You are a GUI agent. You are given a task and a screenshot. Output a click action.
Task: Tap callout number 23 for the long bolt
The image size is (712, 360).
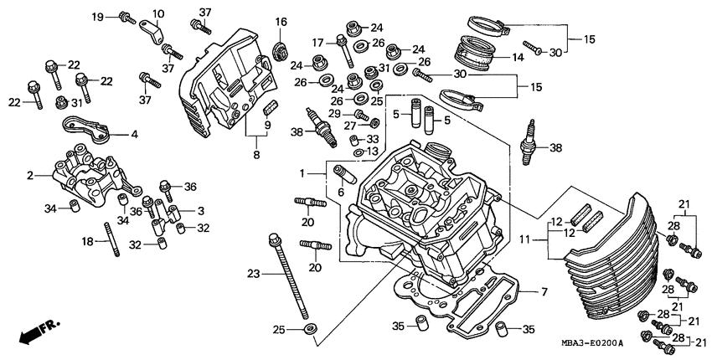(x=254, y=273)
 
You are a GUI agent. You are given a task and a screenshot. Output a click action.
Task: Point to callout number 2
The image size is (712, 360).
(x=29, y=176)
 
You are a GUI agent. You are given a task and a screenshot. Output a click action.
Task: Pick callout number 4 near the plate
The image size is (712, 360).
(x=133, y=133)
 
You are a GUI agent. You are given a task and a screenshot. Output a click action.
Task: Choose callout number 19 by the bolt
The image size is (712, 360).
(x=97, y=17)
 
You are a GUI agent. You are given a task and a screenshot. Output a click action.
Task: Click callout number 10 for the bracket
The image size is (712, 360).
(x=158, y=14)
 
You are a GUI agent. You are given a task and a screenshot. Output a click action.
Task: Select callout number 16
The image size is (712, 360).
(x=281, y=22)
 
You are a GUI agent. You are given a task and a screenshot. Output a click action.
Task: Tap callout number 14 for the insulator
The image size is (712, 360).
(x=518, y=58)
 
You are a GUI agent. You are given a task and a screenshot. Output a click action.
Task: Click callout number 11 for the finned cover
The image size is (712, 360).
(x=524, y=240)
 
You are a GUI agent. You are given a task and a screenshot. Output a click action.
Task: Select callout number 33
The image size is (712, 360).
(x=372, y=139)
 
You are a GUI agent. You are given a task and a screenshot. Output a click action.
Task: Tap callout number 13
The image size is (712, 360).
(x=372, y=151)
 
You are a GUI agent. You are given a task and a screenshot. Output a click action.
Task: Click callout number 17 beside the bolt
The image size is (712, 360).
(x=317, y=43)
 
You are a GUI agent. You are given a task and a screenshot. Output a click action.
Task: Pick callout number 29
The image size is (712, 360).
(x=334, y=114)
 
